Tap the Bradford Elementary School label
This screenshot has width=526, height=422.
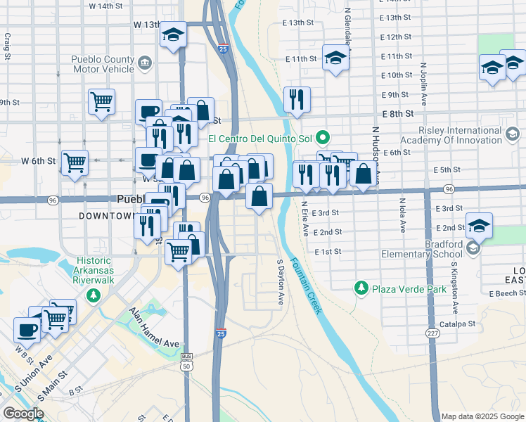point(421,249)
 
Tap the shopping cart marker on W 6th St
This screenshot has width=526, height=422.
point(74,162)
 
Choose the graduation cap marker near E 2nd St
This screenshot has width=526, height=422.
point(479,225)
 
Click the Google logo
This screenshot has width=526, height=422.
point(23,413)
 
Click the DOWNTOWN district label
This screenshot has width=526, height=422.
point(105,215)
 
